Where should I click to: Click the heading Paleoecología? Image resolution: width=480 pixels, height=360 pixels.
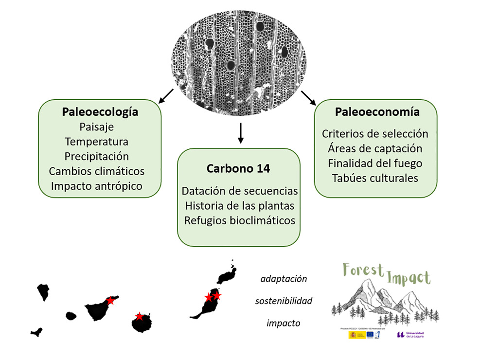100,112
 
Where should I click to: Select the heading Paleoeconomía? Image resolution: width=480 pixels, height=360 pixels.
377,112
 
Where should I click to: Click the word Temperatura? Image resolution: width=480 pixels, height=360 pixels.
96,142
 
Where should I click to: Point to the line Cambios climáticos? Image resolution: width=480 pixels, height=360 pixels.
97,171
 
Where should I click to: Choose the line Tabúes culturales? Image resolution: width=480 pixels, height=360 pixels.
375,178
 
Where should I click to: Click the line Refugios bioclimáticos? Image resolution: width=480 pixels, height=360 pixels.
239,220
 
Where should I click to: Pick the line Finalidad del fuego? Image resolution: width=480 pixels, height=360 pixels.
375,163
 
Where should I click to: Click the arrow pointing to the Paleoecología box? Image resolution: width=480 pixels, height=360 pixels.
166,96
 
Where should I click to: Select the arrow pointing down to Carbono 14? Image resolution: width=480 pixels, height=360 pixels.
240,134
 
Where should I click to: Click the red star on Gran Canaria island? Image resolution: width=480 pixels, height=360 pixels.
139,317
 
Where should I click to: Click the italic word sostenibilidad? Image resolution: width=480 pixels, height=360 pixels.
284,301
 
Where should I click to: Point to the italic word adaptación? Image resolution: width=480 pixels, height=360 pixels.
284,279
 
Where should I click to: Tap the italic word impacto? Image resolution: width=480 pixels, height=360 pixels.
284,323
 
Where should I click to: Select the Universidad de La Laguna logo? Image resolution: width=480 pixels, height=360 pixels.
410,335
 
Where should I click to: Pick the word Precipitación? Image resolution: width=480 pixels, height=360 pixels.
96,157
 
